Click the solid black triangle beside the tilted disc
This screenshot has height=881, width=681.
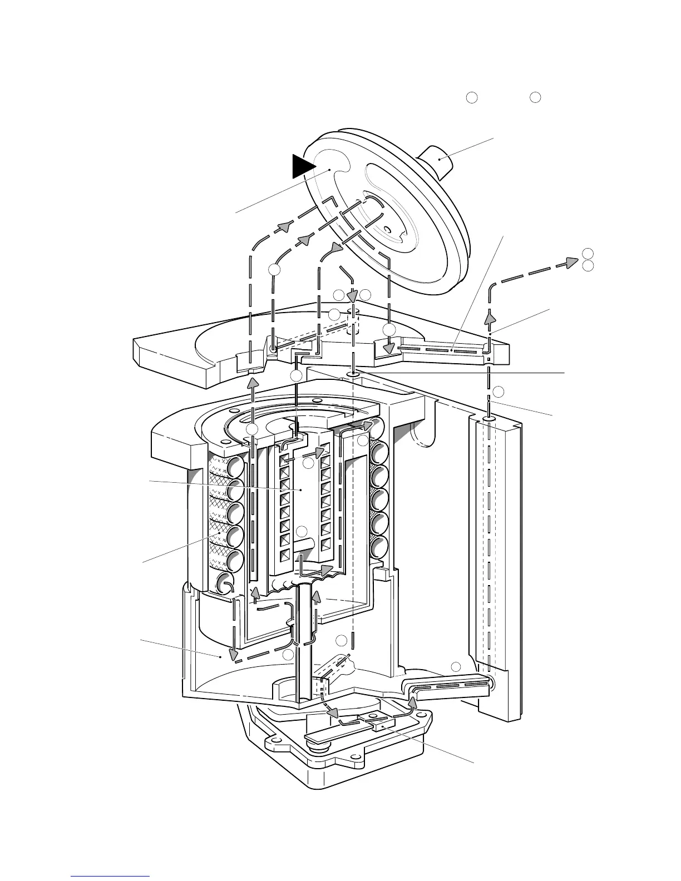tap(303, 166)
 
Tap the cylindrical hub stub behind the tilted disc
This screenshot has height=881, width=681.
tap(439, 160)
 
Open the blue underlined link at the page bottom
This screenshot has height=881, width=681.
tap(111, 875)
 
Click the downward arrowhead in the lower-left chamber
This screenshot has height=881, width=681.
tap(234, 654)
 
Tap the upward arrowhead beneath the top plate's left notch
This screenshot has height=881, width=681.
tap(253, 383)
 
